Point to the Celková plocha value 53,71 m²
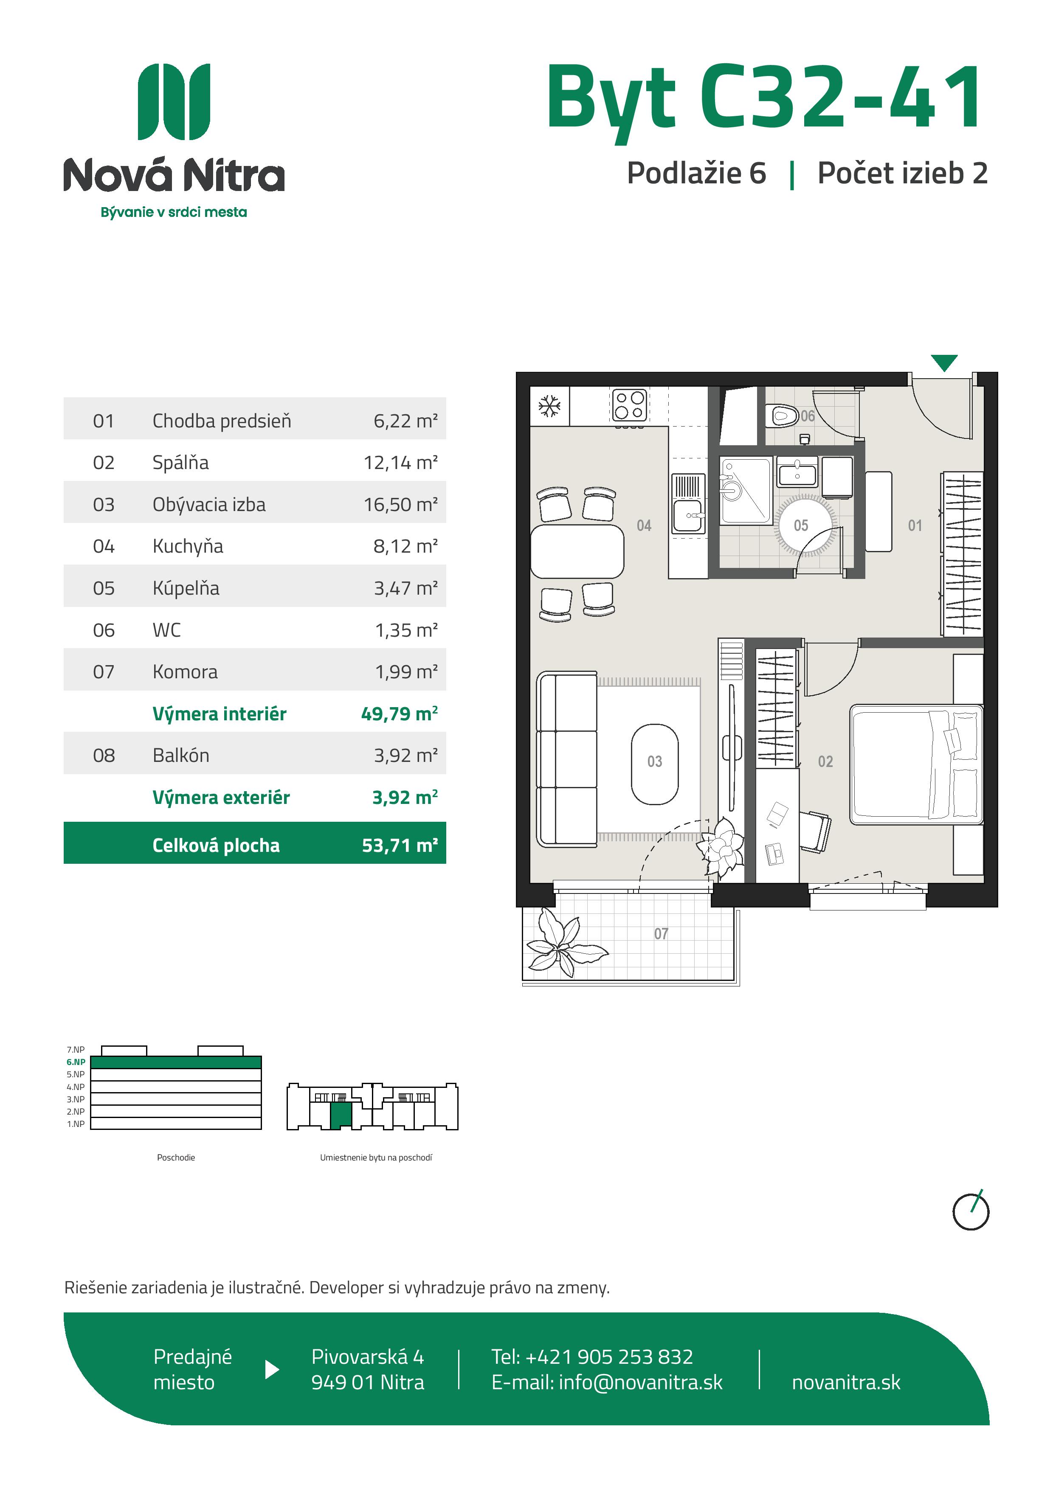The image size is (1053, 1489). pos(400,845)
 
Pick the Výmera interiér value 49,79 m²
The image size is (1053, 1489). pos(399,714)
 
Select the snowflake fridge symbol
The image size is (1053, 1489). pos(549,407)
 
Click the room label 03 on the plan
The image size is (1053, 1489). pos(655,761)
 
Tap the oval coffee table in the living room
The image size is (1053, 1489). pos(655,764)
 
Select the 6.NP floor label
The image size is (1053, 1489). pos(76,1062)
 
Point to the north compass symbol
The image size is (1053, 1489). pos(971,1211)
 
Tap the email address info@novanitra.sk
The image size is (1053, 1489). pos(640,1382)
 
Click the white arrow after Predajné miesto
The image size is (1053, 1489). pos(273,1370)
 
